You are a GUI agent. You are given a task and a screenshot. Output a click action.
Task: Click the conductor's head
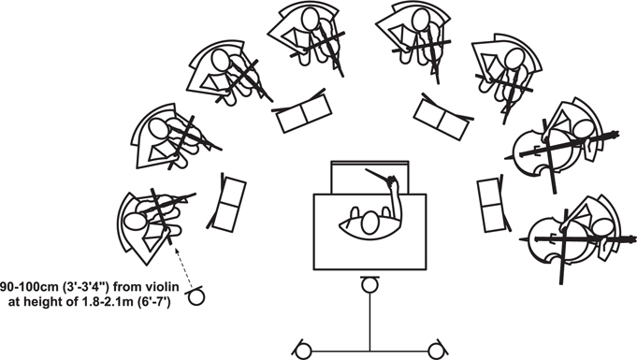point(369,223)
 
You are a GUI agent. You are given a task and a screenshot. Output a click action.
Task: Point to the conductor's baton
point(377,175)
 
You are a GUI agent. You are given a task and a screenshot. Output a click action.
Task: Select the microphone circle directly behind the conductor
point(369,285)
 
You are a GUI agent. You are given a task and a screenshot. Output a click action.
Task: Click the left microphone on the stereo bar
point(303,351)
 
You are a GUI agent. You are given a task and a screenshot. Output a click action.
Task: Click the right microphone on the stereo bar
point(436,351)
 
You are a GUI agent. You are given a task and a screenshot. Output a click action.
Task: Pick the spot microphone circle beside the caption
point(196,297)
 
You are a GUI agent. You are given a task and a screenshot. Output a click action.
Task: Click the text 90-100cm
point(28,287)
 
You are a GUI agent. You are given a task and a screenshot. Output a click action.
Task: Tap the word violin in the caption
point(164,287)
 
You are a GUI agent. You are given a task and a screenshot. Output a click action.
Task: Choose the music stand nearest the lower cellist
point(492,205)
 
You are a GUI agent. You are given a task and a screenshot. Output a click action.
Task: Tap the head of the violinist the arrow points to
point(135,222)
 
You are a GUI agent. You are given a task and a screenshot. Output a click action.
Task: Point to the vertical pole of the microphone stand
point(369,322)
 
